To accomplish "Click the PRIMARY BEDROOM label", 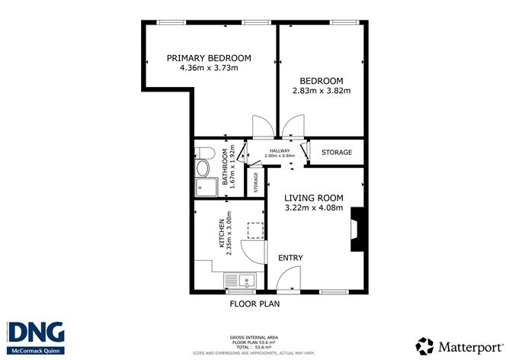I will point(209,58).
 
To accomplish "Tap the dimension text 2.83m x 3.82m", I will point(321,91).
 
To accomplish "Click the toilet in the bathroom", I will point(203,168).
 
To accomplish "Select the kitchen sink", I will point(242,282).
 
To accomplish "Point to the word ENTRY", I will point(290,258).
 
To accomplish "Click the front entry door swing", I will point(283,283).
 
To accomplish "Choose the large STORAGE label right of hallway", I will point(336,153).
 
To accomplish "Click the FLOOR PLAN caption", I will point(254,304).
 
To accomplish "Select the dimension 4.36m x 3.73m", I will point(209,68).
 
